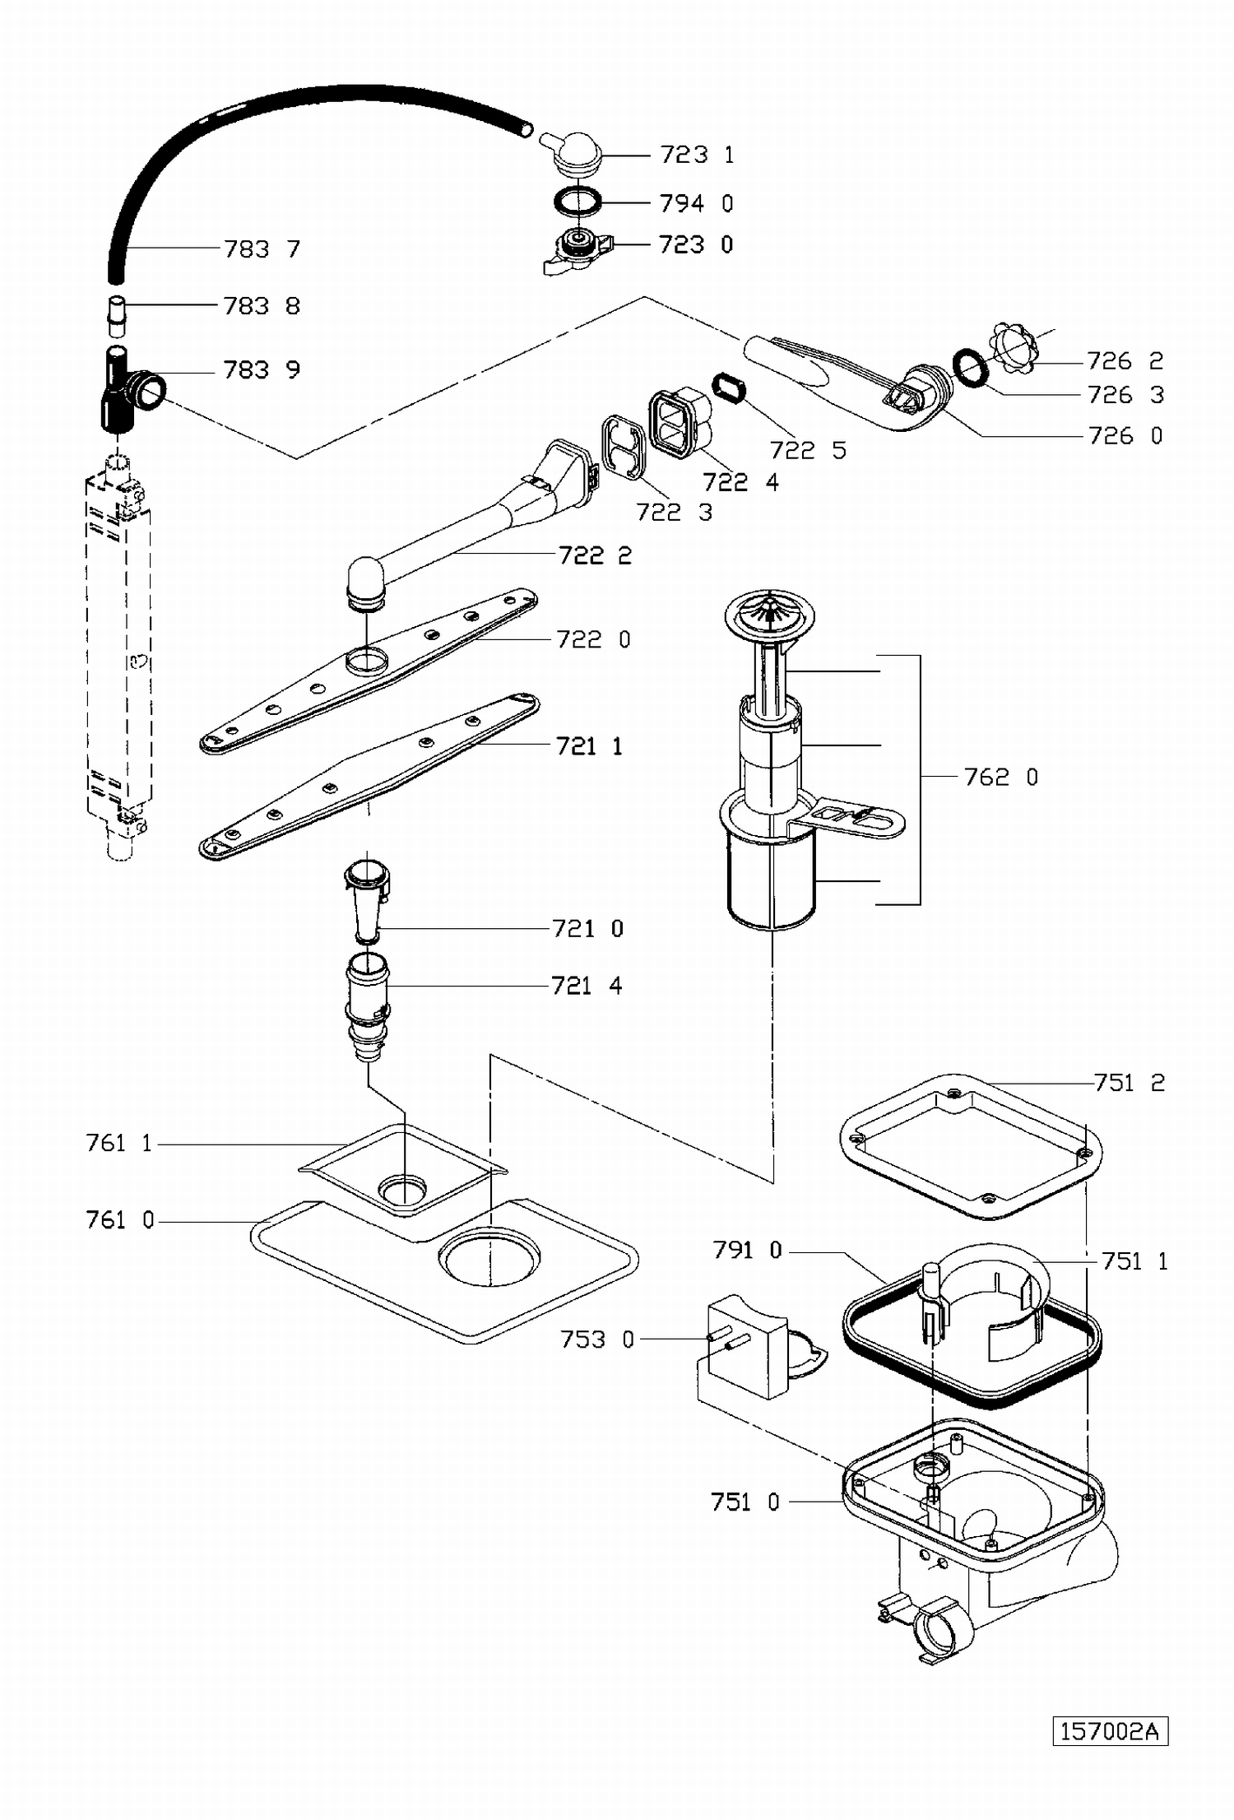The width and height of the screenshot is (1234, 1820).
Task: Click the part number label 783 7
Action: click(x=262, y=248)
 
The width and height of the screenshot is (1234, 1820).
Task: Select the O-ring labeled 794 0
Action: click(x=577, y=201)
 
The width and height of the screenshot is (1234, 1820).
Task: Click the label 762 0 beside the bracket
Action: click(x=1000, y=777)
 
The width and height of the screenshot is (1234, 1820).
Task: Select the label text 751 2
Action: click(x=1130, y=1083)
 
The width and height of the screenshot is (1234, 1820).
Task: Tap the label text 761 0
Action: click(x=120, y=1219)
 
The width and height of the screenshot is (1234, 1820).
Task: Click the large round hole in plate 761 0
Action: click(x=489, y=1258)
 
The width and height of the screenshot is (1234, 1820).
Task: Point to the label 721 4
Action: click(x=587, y=985)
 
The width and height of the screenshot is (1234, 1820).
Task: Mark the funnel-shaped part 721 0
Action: click(x=366, y=902)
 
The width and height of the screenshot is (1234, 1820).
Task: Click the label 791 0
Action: click(x=747, y=1251)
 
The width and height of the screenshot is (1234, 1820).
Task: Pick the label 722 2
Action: click(x=595, y=555)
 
